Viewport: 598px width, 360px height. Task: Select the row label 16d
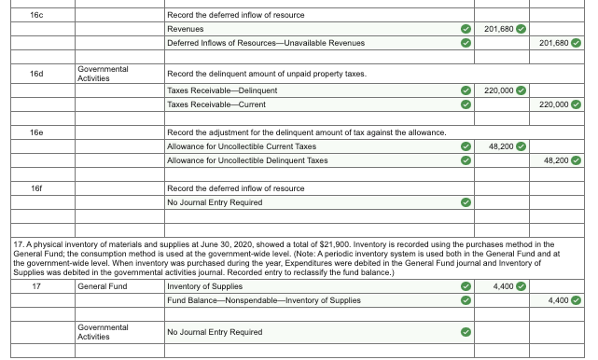(x=36, y=73)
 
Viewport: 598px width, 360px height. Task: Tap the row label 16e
(x=36, y=132)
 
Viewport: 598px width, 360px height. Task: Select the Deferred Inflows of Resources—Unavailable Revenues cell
(x=266, y=44)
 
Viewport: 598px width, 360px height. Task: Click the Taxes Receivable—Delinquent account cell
(x=221, y=90)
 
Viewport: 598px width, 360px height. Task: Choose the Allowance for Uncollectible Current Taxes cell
(x=241, y=146)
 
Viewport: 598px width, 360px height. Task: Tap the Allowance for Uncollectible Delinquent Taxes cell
(x=246, y=160)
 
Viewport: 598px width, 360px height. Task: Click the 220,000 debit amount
(x=499, y=90)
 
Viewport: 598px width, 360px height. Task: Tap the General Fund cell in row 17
(x=102, y=285)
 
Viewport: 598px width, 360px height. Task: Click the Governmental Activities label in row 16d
(x=103, y=73)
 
